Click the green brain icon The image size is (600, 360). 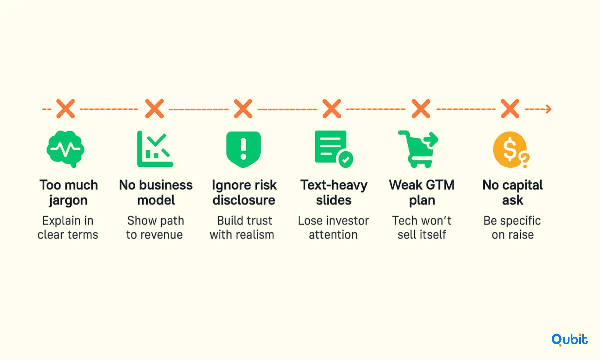pos(65,149)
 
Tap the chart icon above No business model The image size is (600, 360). pos(155,149)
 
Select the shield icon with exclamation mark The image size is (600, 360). pos(243,149)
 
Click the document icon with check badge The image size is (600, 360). pos(334,149)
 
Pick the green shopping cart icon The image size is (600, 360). pos(418,149)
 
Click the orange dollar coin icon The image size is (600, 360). pos(511,150)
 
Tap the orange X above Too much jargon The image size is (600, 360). pos(66,109)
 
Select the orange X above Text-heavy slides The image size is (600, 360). pos(332,109)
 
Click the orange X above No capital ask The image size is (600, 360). pos(510,109)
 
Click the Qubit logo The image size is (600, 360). pos(570,340)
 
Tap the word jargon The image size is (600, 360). pos(68,200)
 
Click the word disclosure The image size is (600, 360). pos(244,200)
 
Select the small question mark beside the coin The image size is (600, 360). pos(524,160)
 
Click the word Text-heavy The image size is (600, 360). pos(334,185)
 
